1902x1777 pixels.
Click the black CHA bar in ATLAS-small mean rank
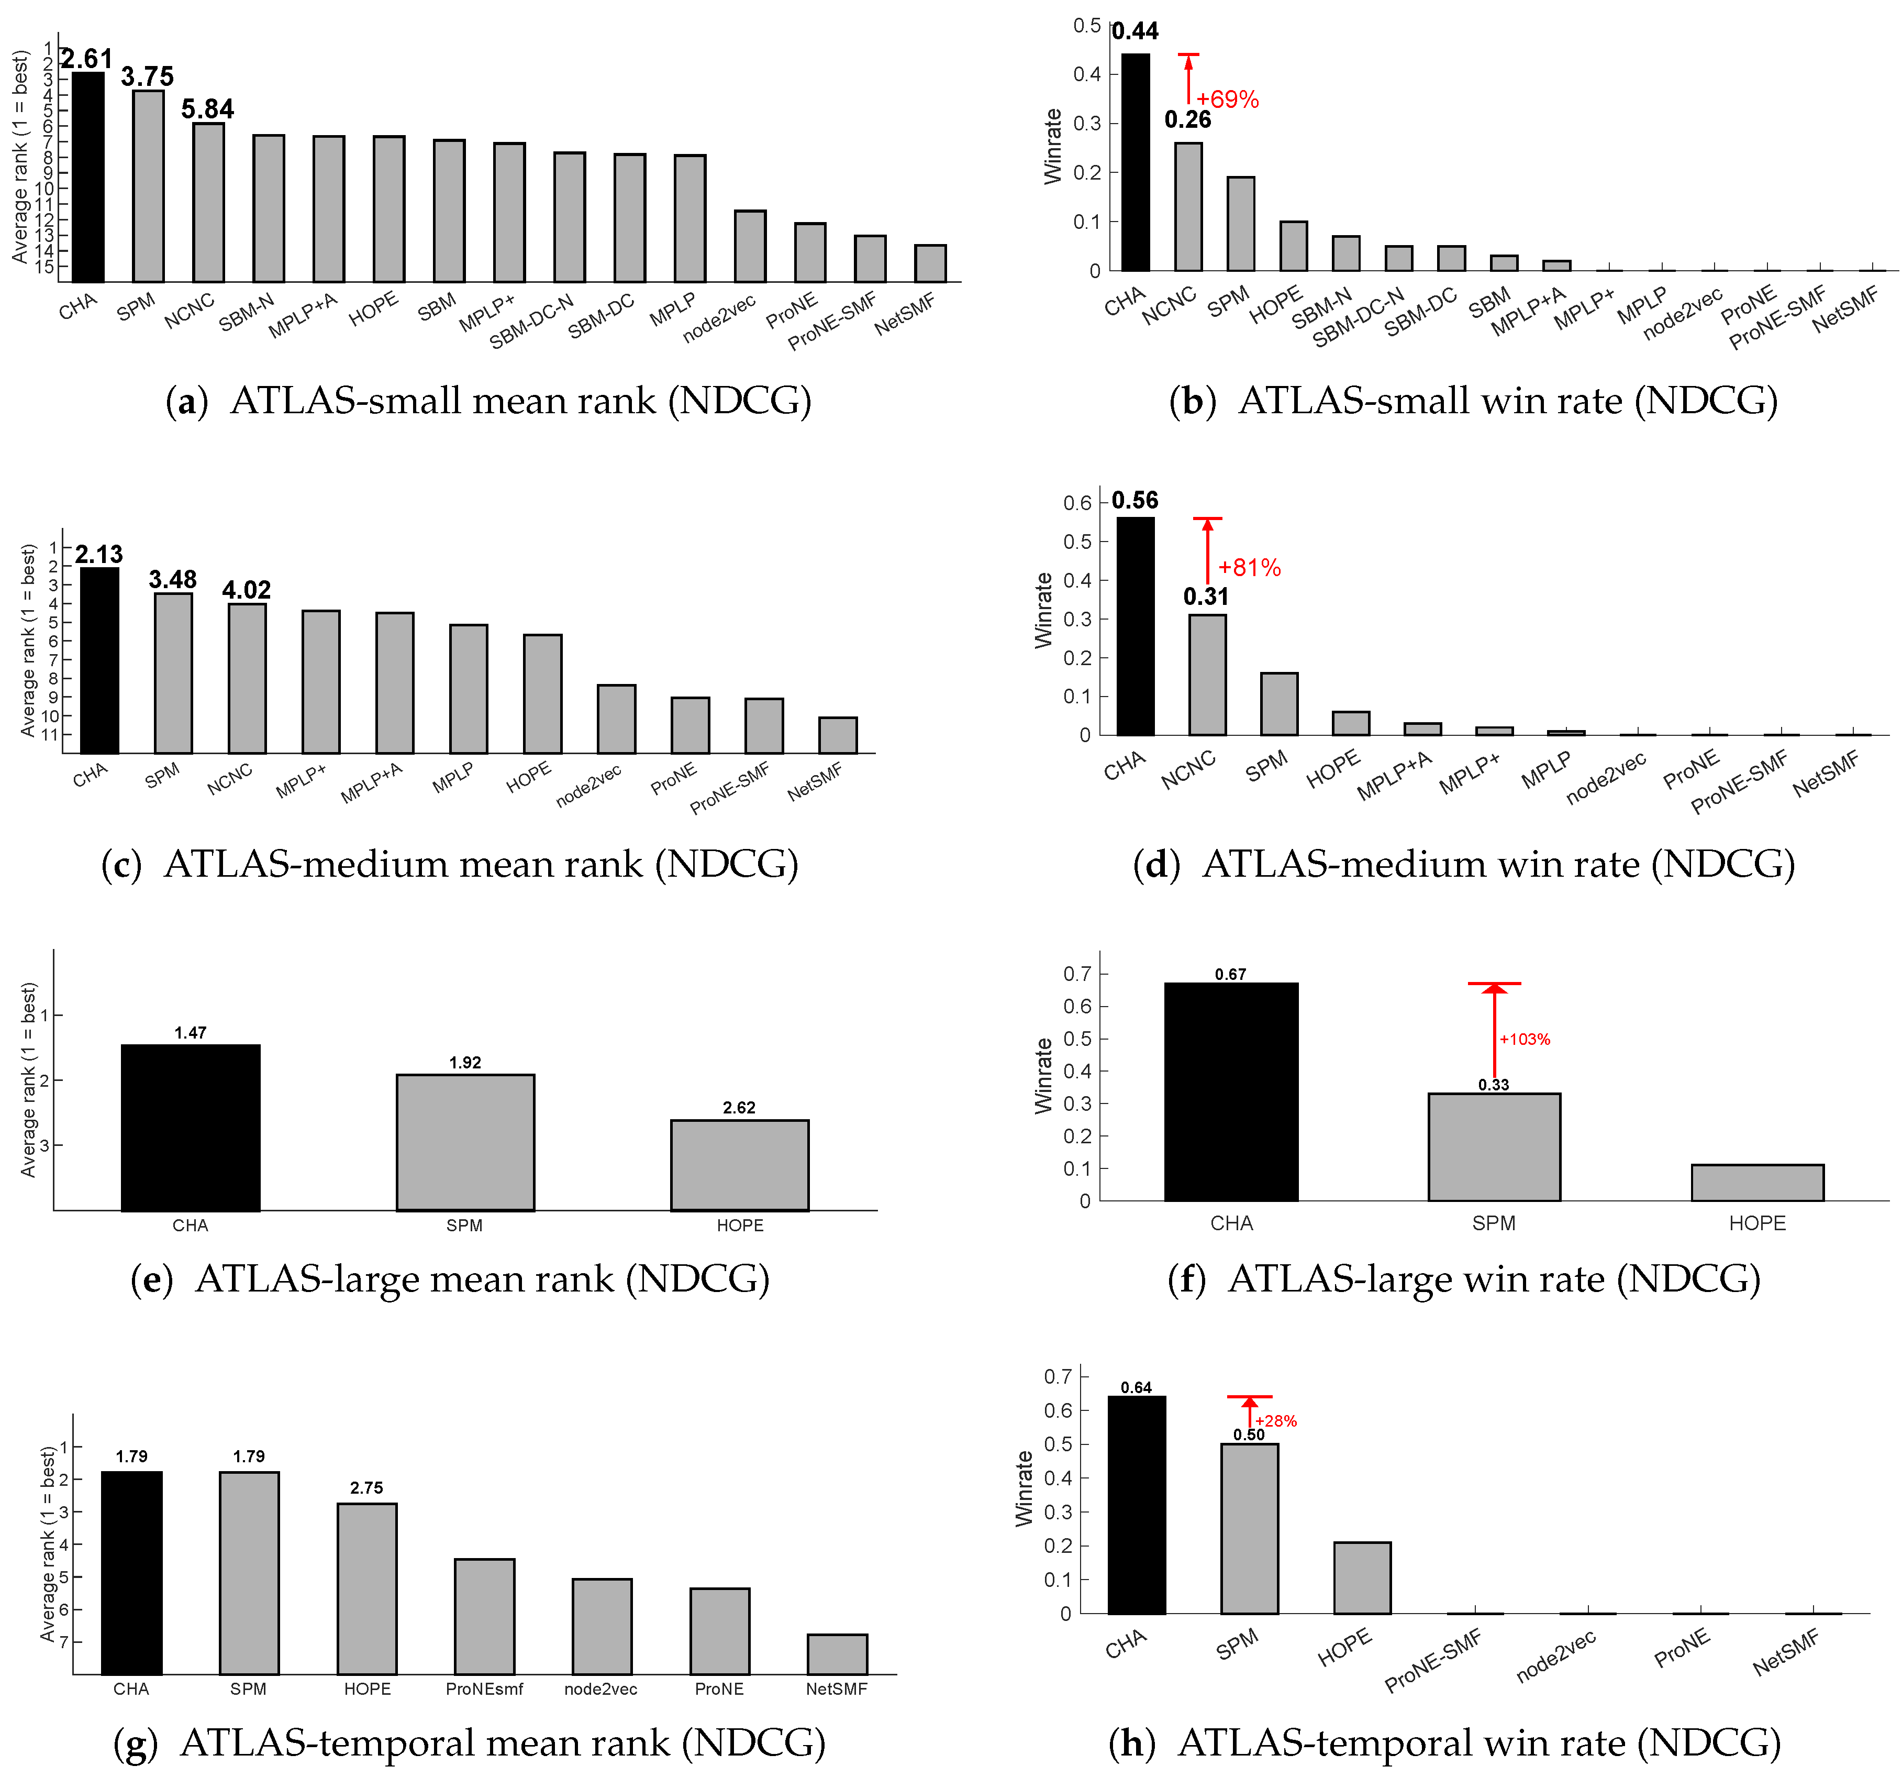(x=88, y=177)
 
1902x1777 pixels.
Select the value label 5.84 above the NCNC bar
(x=208, y=109)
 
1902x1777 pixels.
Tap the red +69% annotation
(x=1228, y=100)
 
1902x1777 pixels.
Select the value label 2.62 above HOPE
(x=739, y=1107)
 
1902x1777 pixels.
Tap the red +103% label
(x=1524, y=1039)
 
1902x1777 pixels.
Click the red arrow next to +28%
(x=1249, y=1411)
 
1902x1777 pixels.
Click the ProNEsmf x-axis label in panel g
(x=484, y=1689)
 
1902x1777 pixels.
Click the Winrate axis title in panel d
(x=1043, y=611)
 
